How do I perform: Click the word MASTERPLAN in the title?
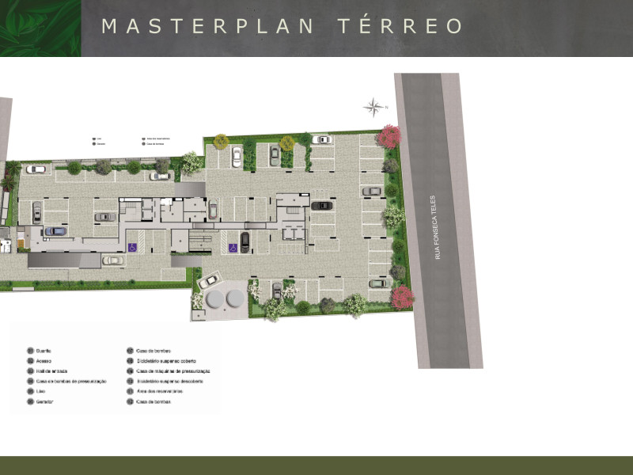pos(209,26)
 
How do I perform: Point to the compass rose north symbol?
pos(373,106)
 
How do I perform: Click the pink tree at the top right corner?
pos(389,136)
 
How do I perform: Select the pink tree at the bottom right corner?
pos(402,297)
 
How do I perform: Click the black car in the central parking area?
pos(321,206)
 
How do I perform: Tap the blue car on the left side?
pos(55,231)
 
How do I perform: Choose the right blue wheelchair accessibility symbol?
pos(233,248)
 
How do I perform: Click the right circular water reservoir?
pos(235,298)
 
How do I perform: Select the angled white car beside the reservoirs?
pos(210,279)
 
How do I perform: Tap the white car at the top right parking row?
pos(320,140)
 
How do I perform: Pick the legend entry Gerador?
pos(44,401)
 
